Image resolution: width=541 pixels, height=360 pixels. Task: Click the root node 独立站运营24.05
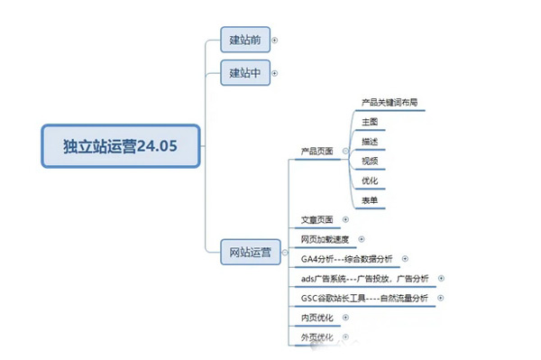121,145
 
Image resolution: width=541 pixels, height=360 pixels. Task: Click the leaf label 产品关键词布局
390,102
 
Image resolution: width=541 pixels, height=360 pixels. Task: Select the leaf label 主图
370,122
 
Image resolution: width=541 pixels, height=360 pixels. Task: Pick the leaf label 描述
370,142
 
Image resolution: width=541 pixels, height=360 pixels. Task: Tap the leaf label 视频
370,161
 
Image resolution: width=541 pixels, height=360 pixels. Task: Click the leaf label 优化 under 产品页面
370,180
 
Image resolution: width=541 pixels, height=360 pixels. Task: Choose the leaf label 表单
370,200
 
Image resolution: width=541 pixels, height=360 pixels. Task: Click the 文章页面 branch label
317,219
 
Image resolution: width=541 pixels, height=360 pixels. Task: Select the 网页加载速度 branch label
324,239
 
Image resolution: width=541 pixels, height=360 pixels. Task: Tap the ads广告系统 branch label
365,279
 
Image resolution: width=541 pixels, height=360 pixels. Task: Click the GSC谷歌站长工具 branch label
366,299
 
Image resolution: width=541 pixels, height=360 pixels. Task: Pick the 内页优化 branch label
317,318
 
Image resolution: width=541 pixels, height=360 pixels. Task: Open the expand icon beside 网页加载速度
362,239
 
